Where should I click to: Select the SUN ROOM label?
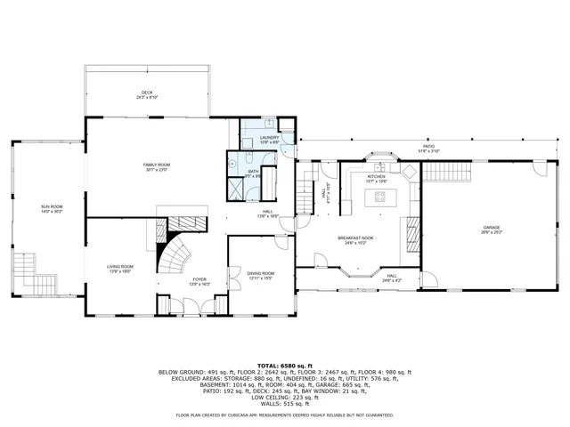(50, 206)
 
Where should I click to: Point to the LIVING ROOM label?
(120, 266)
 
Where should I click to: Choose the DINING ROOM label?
(260, 273)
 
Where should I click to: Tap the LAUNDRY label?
(270, 137)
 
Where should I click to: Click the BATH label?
(253, 171)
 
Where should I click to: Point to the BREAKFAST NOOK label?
(354, 238)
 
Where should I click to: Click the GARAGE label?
(492, 228)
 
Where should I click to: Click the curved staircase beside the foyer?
(175, 258)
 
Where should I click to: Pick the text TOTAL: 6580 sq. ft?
(284, 365)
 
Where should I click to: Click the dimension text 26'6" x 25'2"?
(492, 233)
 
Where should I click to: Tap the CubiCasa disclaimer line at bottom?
(284, 415)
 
